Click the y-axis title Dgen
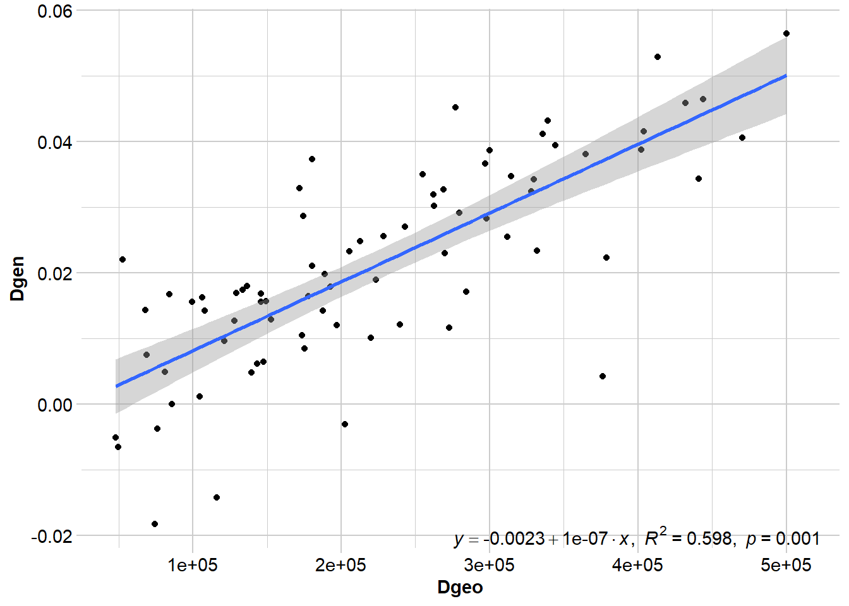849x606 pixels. (x=18, y=278)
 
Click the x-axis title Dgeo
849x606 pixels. (x=460, y=587)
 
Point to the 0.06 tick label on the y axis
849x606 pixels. (x=55, y=11)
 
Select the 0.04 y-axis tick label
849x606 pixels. (x=55, y=142)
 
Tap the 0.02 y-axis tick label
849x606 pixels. (x=55, y=273)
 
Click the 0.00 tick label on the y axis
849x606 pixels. (x=55, y=405)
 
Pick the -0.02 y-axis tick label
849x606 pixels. (x=52, y=536)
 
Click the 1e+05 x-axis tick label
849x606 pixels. (x=193, y=565)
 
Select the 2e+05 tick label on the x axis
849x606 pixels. (x=341, y=565)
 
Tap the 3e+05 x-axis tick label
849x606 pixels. (x=490, y=565)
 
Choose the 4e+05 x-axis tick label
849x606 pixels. (x=638, y=565)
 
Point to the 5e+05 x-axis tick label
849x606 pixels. (x=786, y=565)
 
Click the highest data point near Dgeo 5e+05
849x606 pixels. (x=786, y=33)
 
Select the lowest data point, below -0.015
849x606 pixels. (x=155, y=524)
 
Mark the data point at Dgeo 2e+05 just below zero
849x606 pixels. (x=345, y=424)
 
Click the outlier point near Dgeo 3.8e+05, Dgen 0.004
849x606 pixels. (x=603, y=376)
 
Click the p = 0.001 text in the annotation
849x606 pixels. (x=783, y=538)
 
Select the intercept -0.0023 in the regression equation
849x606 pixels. (x=514, y=538)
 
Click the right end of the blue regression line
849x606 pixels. (x=786, y=75)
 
